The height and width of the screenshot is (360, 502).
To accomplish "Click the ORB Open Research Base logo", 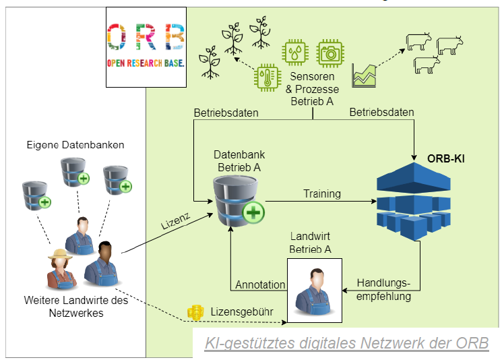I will coord(146,47).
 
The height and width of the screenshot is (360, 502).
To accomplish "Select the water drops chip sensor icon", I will coord(294,52).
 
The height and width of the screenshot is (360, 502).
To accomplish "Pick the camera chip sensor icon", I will coord(331,52).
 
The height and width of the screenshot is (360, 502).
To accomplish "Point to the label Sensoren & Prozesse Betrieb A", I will coord(313,90).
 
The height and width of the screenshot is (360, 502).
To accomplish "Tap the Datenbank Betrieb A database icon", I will coord(237,200).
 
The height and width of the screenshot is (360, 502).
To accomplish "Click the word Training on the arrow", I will coord(321,193).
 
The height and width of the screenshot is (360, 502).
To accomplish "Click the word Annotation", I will coord(260,284).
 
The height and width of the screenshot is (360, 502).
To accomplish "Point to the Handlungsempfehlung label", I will coord(383,289).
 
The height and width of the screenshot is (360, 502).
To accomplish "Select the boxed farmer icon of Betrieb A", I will coord(314,289).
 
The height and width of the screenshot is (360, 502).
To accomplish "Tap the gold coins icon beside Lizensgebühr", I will coord(195,312).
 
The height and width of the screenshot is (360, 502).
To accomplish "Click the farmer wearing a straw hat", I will coord(59,268).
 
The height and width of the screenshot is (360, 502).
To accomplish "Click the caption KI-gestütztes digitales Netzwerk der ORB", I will coord(347,343).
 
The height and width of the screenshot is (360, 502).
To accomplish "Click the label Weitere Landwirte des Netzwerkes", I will coord(75,307).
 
